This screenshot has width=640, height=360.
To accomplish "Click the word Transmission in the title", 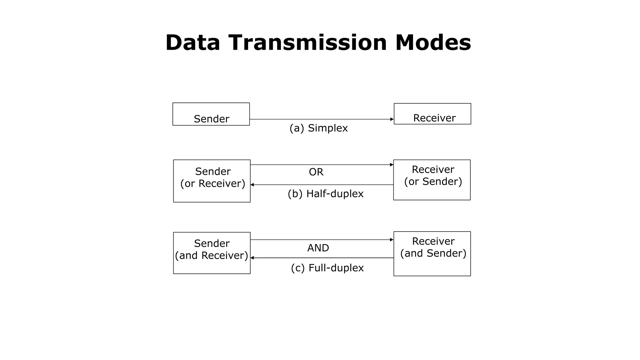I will pos(308,42).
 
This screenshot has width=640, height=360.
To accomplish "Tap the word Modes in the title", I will pos(433,42).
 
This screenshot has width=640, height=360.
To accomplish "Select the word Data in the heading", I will pos(193,42).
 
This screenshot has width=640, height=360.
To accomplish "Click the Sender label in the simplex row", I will pos(212,119).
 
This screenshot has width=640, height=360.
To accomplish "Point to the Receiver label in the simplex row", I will pos(434,118).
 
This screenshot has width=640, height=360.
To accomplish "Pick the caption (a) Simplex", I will pos(318,128).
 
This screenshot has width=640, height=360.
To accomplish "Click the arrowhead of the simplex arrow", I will pos(392,119).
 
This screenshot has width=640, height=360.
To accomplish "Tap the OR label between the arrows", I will pos(316,172).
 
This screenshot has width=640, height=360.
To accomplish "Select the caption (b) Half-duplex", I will pos(326,194).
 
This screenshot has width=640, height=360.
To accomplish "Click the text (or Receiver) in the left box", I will pos(212,183).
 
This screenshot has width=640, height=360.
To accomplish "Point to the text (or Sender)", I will pos(433,182).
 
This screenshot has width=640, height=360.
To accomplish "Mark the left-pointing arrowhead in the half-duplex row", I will pos(252,185).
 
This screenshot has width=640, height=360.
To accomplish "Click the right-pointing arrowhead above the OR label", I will pos(392,165).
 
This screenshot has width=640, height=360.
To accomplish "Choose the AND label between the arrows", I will pos(318,248).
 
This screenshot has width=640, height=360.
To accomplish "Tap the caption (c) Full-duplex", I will pos(327,268).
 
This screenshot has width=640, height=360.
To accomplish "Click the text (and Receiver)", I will pos(212,256).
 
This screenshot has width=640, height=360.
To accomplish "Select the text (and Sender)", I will pos(433,253).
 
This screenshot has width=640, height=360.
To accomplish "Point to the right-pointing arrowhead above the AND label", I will pos(392,240).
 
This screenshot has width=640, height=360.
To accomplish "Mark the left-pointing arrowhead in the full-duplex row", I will pos(252,258).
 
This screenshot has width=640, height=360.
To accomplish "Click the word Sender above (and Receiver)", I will pos(212,243).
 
